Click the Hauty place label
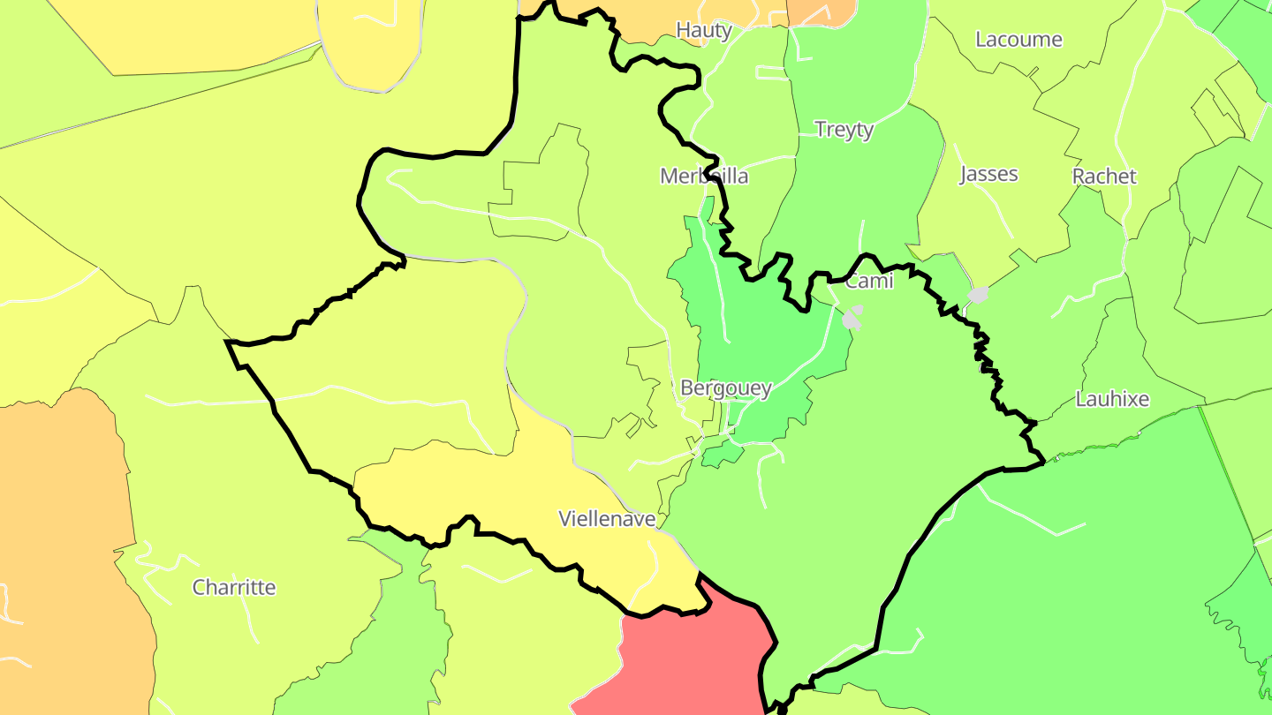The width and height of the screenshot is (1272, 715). coord(704,31)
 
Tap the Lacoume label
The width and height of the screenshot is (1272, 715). coord(1018,40)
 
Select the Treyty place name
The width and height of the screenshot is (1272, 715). coord(844,130)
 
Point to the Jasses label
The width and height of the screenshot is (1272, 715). coord(989,174)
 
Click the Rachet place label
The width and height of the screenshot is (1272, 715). coord(1104,177)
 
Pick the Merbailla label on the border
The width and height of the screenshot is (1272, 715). coord(704,177)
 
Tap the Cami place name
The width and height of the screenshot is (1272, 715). coord(869,282)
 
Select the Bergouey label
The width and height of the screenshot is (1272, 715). coord(726,388)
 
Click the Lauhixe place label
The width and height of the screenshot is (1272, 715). coord(1112,399)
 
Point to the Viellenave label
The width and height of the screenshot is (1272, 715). coord(607,519)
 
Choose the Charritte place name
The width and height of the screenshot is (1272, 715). coord(234,588)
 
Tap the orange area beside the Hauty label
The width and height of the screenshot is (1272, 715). coord(821,11)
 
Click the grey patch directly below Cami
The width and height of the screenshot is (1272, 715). coord(852,318)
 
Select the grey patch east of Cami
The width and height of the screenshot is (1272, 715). coord(978,294)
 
